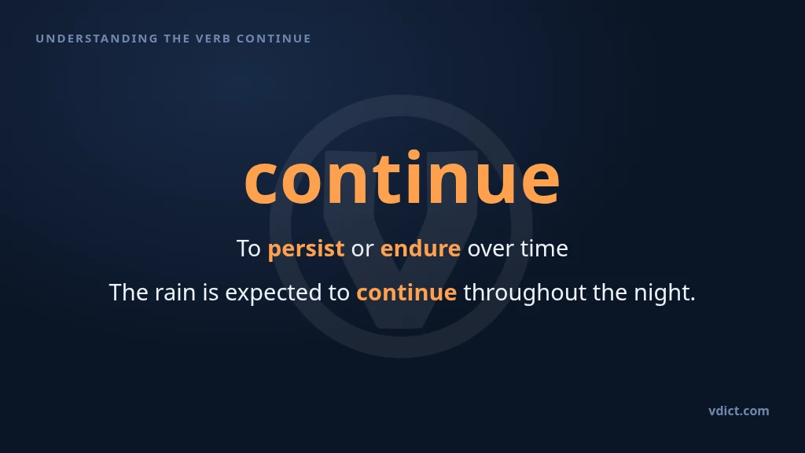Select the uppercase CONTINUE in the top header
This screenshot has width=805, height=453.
click(x=274, y=39)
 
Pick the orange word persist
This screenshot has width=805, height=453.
click(x=306, y=249)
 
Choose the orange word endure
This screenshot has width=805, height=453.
click(x=421, y=249)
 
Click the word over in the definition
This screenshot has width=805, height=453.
click(x=491, y=249)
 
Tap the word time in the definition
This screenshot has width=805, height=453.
click(x=544, y=249)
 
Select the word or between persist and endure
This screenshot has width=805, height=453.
click(x=362, y=249)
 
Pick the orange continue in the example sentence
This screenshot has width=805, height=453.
click(x=406, y=293)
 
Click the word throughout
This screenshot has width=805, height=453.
click(x=524, y=293)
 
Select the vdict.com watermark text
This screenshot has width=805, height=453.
click(x=739, y=411)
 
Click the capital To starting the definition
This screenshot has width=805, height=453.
click(x=248, y=249)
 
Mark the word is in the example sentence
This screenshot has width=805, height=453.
click(x=211, y=293)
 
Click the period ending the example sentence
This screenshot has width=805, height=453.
click(x=693, y=300)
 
